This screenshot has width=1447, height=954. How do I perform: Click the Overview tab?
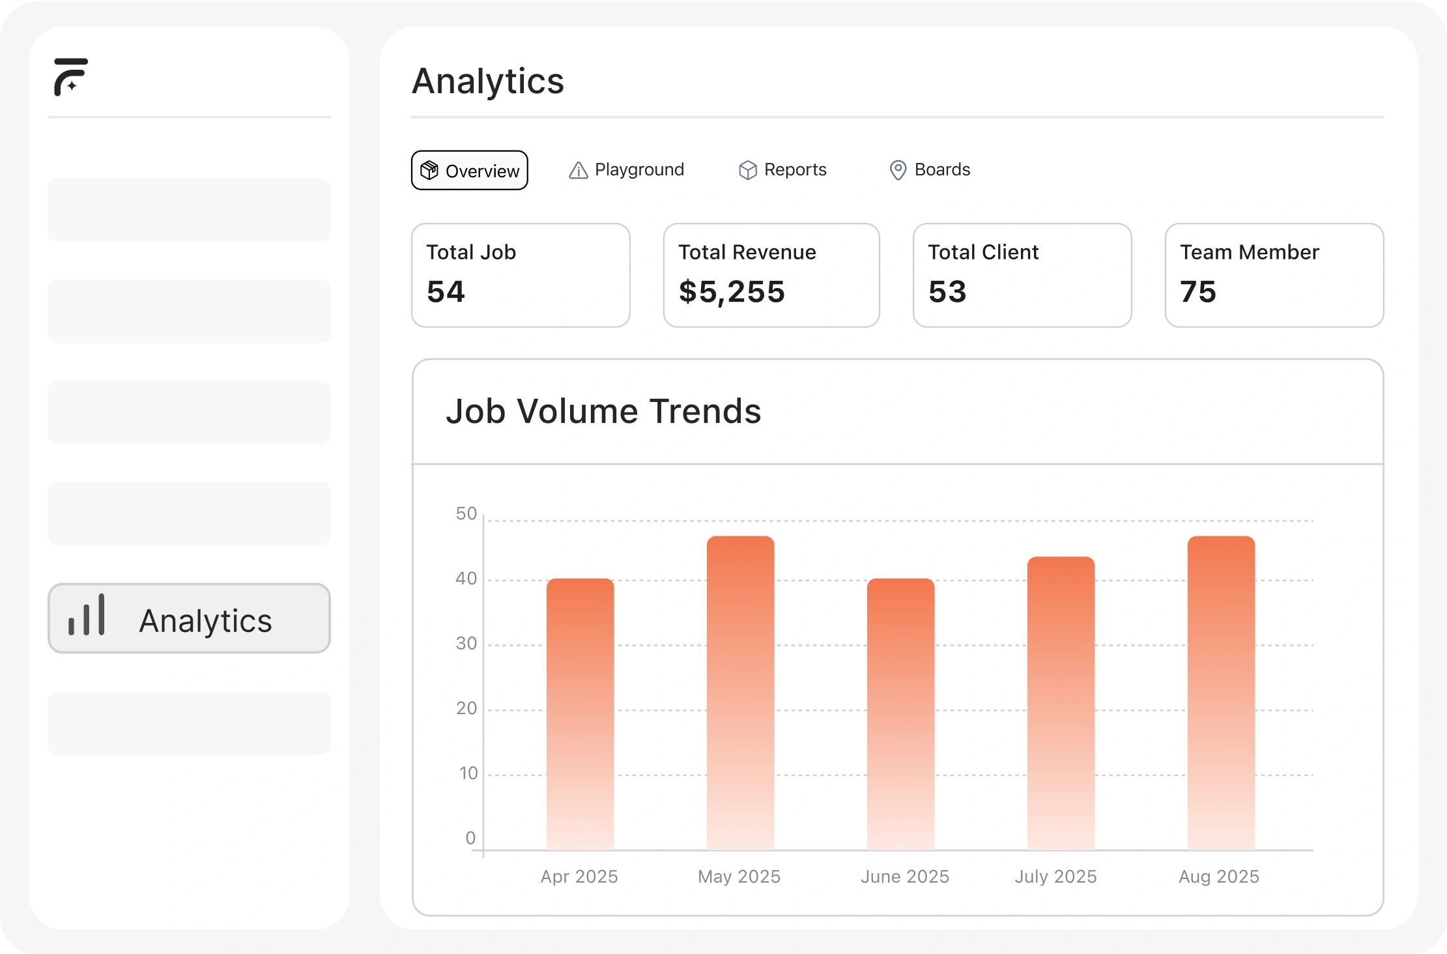pos(469,170)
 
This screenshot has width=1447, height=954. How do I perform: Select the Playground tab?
pos(626,170)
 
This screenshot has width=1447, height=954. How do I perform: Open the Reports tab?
pos(782,170)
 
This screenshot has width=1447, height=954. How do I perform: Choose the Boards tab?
pos(930,170)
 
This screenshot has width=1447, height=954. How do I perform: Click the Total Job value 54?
pos(446,291)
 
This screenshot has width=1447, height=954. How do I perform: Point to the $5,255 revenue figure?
pos(732,291)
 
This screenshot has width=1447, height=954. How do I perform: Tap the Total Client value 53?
pos(947,291)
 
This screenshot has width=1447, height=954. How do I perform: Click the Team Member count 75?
pos(1197,291)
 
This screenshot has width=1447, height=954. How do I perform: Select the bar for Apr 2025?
pos(580,714)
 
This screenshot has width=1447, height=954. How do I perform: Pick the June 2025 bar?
pos(900,714)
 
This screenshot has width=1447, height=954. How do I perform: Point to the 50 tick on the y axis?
pos(466,513)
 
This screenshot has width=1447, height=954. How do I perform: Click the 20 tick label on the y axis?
pos(466,708)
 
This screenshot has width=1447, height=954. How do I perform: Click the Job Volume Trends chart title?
pos(603,411)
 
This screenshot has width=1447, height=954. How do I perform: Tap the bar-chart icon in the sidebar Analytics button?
pos(87,615)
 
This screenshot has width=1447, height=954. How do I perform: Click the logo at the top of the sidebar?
pos(71,77)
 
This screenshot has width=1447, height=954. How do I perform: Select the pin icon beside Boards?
pos(898,170)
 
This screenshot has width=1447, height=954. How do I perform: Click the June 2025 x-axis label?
pos(904,876)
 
